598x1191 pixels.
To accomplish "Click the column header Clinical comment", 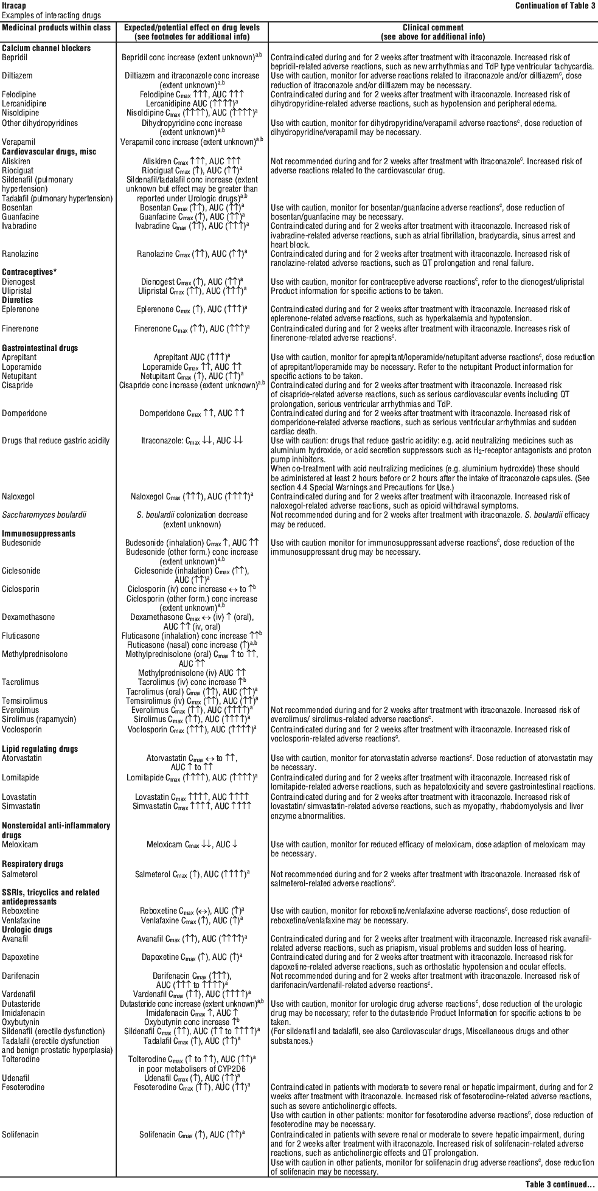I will tap(433, 27).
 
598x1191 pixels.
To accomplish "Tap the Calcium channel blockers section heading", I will tap(46, 48).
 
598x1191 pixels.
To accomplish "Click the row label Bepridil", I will tap(15, 57).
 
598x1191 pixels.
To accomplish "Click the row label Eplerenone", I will tap(21, 310).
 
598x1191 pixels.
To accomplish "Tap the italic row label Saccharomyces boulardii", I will tap(44, 515).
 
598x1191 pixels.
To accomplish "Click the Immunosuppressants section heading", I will tap(39, 533).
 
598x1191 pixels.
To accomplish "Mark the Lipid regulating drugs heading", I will tap(40, 749).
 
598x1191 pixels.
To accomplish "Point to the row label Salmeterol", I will tap(19, 874).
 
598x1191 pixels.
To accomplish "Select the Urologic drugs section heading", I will tap(27, 929).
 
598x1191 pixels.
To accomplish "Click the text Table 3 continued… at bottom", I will tap(560, 1184).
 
